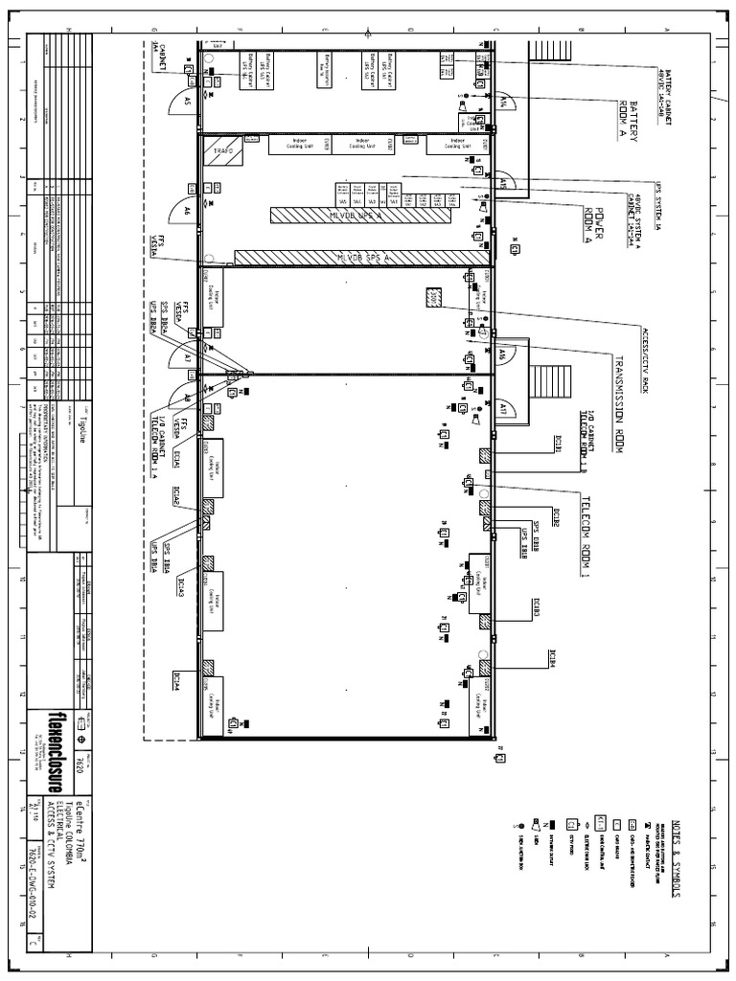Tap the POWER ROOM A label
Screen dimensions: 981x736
(595, 225)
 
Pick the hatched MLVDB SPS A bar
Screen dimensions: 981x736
(361, 258)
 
